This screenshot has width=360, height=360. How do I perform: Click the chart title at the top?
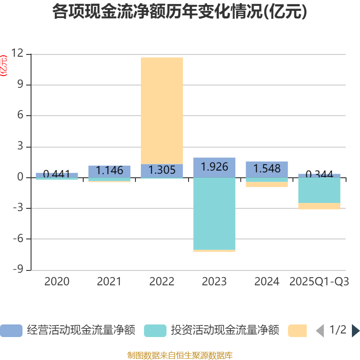tap(180, 12)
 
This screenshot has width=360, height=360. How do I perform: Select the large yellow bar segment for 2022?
tap(162, 110)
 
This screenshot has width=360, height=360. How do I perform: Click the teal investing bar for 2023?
tap(214, 213)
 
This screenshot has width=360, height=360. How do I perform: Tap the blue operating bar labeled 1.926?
tap(214, 167)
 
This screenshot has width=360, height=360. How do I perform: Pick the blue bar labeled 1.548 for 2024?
tap(267, 169)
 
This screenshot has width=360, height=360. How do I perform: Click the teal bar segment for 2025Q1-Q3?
tap(319, 190)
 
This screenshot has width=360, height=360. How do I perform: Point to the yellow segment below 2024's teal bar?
tap(267, 184)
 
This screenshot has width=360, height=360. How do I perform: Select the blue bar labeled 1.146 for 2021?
tap(109, 171)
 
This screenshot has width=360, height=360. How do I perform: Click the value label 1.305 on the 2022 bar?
tap(162, 170)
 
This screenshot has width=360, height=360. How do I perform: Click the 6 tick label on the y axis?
tap(20, 116)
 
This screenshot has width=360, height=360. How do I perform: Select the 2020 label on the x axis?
tap(57, 282)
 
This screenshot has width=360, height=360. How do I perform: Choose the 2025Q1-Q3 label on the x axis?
tap(319, 282)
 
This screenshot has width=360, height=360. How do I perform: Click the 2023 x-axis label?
tap(214, 282)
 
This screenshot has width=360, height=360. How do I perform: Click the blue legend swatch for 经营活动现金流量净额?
tap(11, 331)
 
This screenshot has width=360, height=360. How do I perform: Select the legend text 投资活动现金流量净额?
tap(225, 331)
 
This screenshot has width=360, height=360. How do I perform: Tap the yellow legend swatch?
tap(297, 331)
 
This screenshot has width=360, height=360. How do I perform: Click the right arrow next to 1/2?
tap(355, 331)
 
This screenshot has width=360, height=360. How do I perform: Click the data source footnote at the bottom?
tap(180, 355)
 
